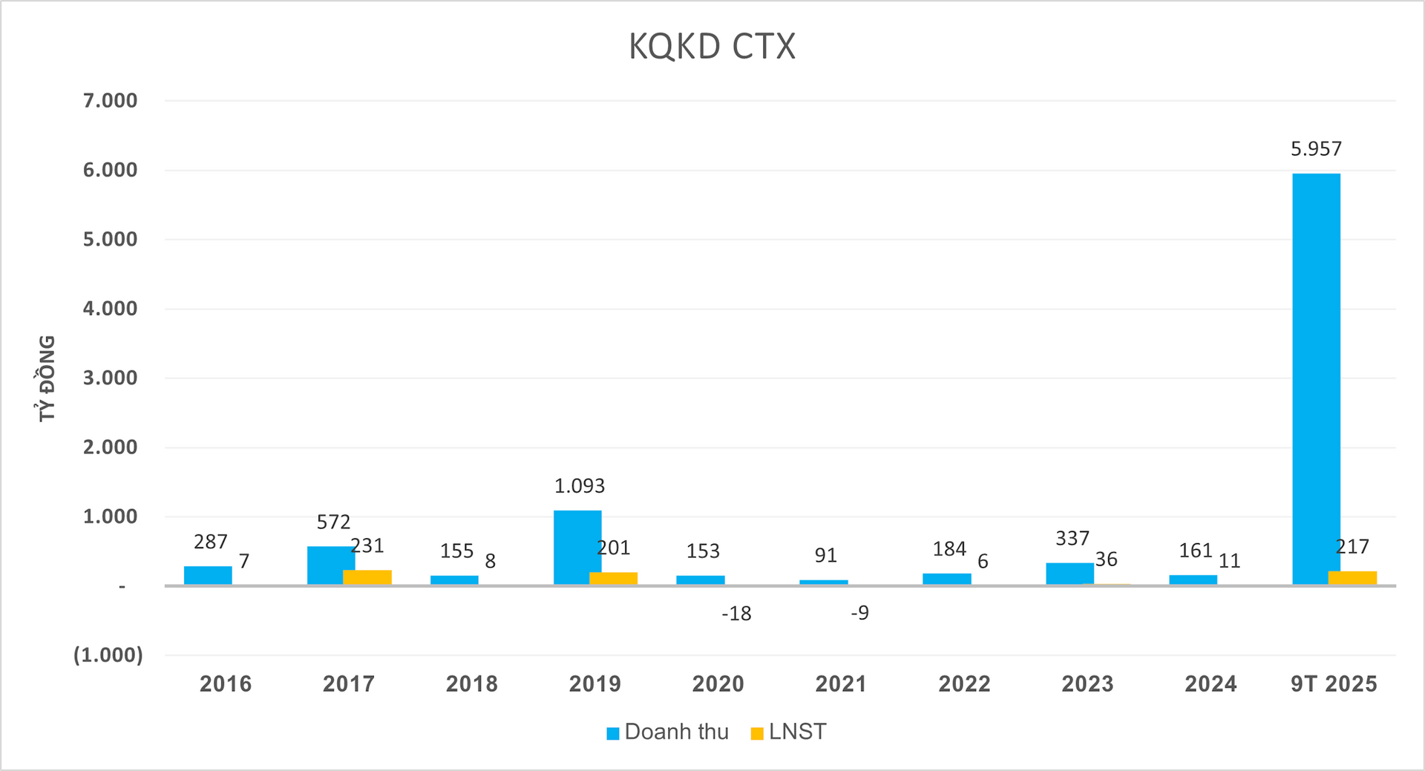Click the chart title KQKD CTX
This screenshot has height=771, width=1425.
pos(712,46)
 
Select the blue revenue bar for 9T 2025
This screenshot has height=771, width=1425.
pos(1316,378)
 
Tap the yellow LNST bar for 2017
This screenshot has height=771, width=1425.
pos(367,577)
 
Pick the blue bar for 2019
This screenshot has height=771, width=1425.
pos(577,548)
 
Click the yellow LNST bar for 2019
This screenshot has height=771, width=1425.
pos(613,578)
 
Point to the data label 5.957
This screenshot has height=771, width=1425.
pos(1316,149)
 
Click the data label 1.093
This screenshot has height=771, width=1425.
pos(580,486)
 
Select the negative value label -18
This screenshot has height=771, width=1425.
pos(736,614)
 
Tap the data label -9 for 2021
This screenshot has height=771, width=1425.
pos(859,613)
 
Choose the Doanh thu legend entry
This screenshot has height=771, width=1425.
pos(667,732)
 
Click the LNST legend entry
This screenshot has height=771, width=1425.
pos(788,732)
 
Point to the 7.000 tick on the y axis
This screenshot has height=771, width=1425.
pos(110,100)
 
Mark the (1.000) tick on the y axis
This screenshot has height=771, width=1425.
pos(108,654)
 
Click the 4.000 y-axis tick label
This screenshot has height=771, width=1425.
pos(110,308)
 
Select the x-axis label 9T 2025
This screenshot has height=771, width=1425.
pos(1333,683)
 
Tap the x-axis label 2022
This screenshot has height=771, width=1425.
pos(964,683)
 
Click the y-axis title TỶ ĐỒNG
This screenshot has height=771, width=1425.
pos(47,378)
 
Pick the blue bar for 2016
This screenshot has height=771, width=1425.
pos(208,576)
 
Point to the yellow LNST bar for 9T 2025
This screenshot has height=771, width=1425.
pos(1352,578)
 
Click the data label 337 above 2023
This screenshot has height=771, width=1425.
pos(1072,538)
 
